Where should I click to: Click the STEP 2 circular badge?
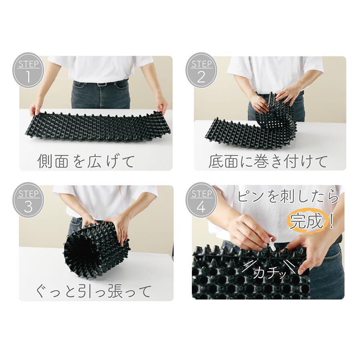tap(201, 70)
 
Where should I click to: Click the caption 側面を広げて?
tap(86, 161)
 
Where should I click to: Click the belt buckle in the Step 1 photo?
tap(102, 84)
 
